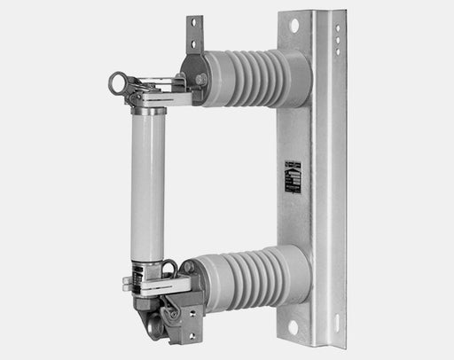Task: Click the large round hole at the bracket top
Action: [x=294, y=26]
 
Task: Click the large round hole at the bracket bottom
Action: [x=294, y=327]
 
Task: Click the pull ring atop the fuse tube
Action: [x=116, y=84]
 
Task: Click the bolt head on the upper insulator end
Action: [x=202, y=80]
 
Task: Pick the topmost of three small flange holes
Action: [x=336, y=29]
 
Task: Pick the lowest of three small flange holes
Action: [x=336, y=50]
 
